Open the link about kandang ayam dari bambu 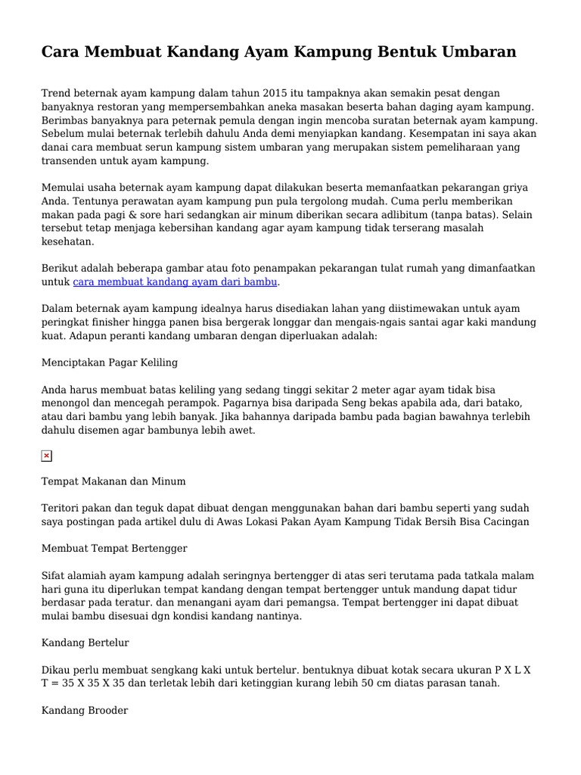(x=176, y=282)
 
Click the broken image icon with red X (x=46, y=456)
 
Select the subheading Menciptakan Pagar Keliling (x=109, y=363)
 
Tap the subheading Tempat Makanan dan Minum (x=113, y=481)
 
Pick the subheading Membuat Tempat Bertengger (x=114, y=548)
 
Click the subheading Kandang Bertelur (x=85, y=643)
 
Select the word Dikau (x=56, y=669)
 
